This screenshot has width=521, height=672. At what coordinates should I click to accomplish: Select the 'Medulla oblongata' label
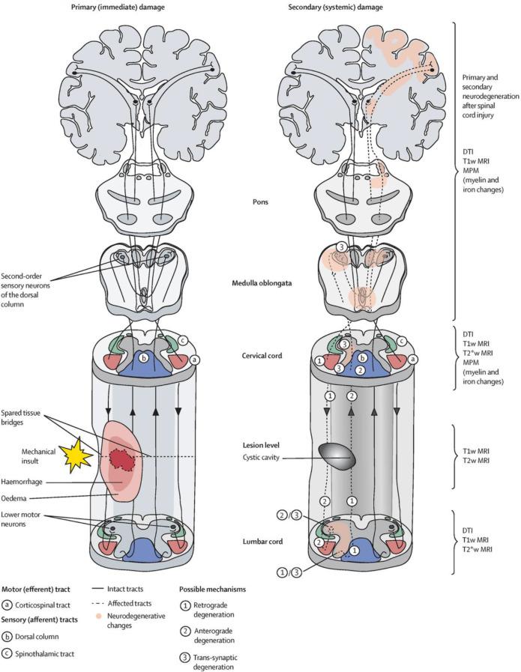tap(259, 283)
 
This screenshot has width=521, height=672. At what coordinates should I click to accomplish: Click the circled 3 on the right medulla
tap(341, 246)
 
